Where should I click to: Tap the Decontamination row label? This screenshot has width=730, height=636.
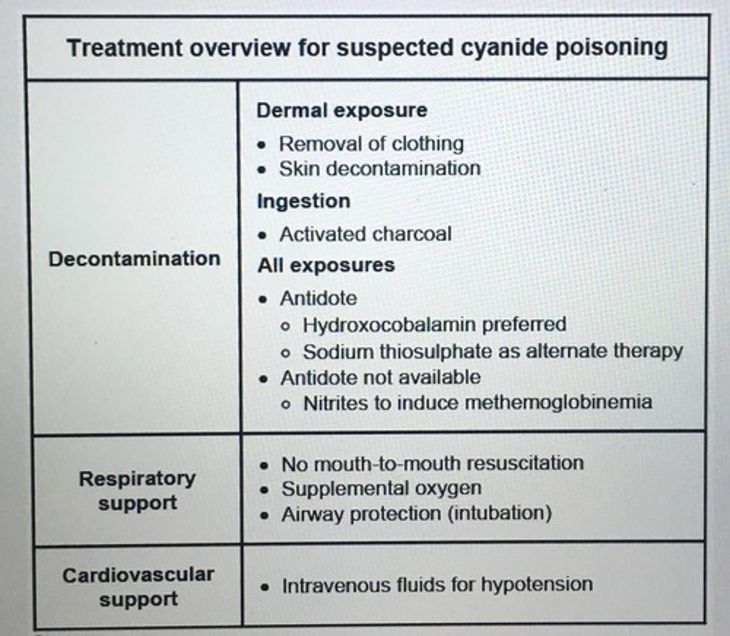(x=134, y=259)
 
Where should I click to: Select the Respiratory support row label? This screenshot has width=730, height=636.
(x=137, y=490)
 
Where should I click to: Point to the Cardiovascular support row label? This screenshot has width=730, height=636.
(x=138, y=587)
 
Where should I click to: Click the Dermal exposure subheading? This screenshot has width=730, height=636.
(x=342, y=110)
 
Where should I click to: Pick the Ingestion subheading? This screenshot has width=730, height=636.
(x=303, y=201)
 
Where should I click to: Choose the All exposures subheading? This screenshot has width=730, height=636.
(x=326, y=265)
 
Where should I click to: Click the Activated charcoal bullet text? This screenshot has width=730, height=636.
(x=366, y=234)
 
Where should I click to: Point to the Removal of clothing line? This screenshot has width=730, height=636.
(x=371, y=143)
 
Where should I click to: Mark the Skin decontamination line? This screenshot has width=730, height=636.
(x=380, y=169)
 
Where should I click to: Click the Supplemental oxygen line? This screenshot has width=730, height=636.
(x=381, y=488)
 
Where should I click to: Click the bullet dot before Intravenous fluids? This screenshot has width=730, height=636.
(x=265, y=587)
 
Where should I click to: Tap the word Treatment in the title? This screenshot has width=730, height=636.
(x=125, y=48)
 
